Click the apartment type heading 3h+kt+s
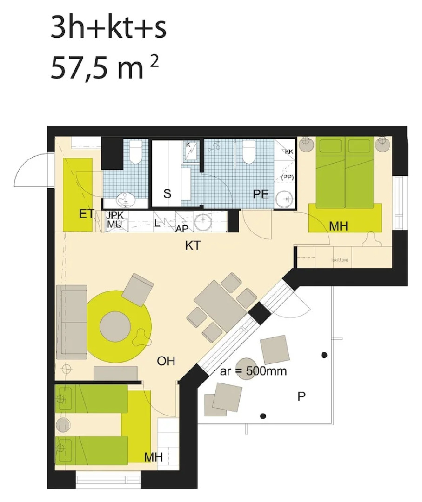click(x=108, y=28)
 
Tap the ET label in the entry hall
click(x=87, y=214)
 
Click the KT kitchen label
click(x=193, y=245)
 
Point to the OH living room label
click(x=166, y=361)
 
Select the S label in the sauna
click(x=167, y=194)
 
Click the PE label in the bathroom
click(x=261, y=194)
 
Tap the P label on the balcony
click(x=301, y=396)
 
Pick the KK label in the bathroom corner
click(x=289, y=152)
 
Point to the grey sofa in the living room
click(x=72, y=322)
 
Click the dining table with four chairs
click(x=217, y=306)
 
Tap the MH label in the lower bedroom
click(x=153, y=457)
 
